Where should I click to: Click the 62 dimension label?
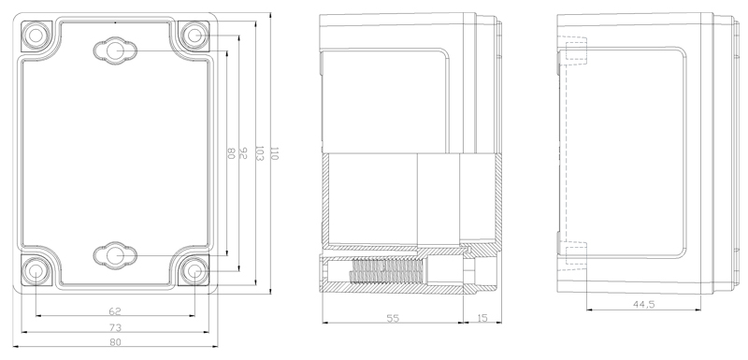tap(115, 311)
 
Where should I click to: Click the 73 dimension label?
tap(115, 327)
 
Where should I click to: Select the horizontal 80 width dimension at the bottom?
tap(115, 342)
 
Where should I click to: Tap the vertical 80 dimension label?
tap(230, 153)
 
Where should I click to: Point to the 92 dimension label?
tap(243, 152)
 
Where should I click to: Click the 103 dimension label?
tap(260, 153)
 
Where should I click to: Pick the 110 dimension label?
tap(274, 153)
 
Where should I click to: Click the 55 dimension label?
tap(393, 318)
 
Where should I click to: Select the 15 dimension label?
tap(482, 318)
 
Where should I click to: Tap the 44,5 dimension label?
tap(643, 304)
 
